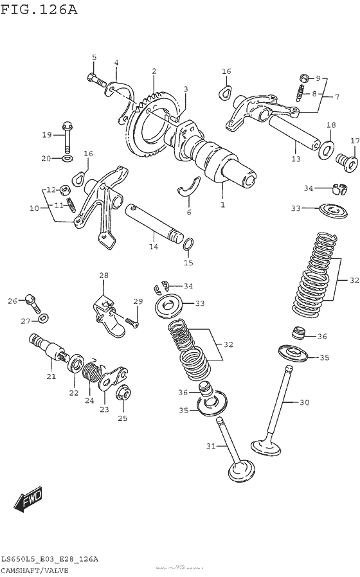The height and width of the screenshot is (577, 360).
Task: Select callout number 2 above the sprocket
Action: click(154, 71)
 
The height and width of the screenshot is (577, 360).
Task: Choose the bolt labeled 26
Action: click(30, 299)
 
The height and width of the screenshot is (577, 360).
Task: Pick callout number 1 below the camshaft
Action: click(222, 205)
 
